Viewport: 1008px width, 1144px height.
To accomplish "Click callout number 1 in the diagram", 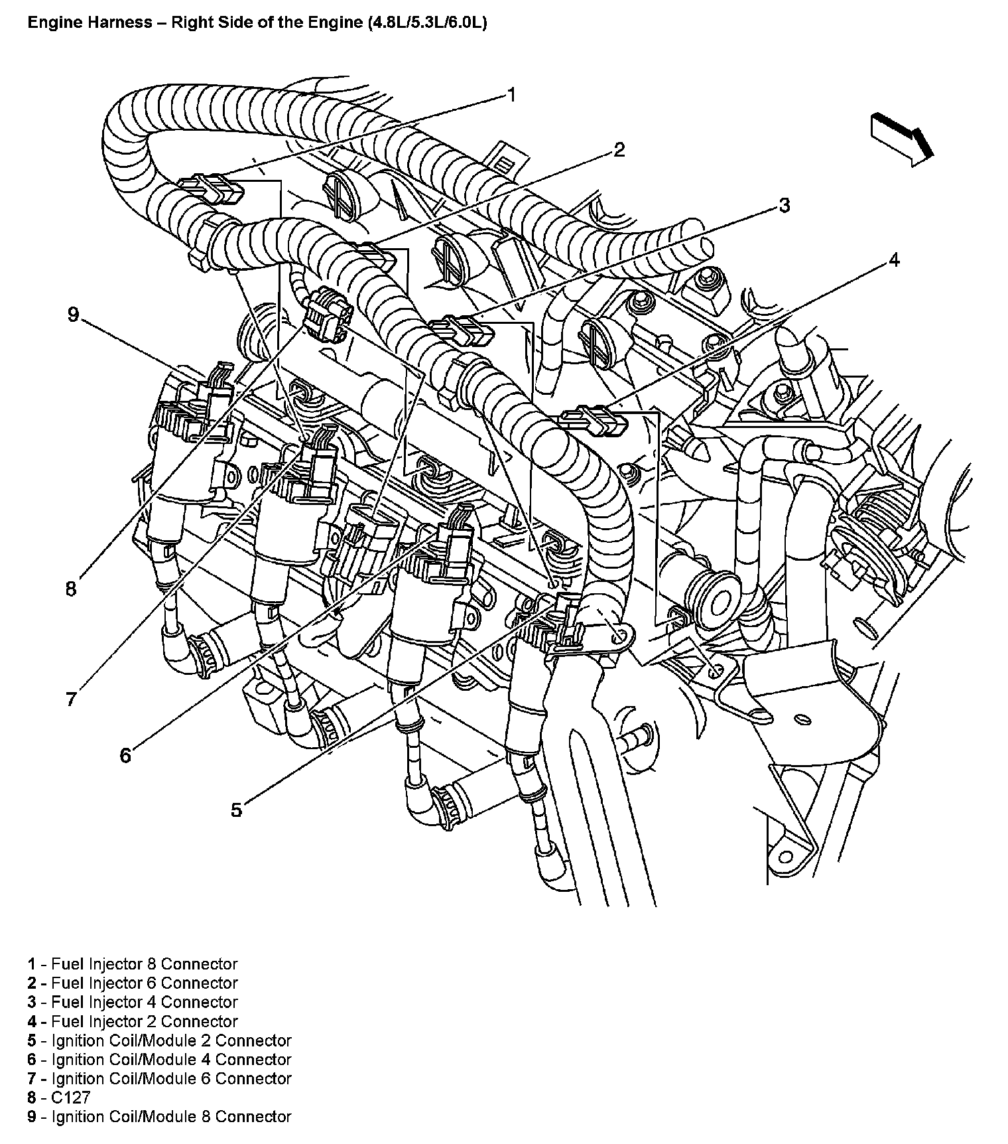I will pyautogui.click(x=511, y=96).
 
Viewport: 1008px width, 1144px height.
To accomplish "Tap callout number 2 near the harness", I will pyautogui.click(x=618, y=150).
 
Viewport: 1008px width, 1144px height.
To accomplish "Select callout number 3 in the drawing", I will pyautogui.click(x=784, y=206).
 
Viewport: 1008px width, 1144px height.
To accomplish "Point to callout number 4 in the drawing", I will pyautogui.click(x=894, y=260).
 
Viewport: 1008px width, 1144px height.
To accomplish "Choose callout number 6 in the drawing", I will pyautogui.click(x=126, y=755).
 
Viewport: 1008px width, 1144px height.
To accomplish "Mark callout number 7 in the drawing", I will pyautogui.click(x=72, y=699).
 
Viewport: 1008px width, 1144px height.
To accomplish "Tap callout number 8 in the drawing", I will pyautogui.click(x=72, y=588).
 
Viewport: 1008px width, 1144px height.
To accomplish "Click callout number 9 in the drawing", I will pyautogui.click(x=73, y=315).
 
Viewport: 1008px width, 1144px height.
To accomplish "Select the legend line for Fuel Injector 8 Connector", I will pyautogui.click(x=133, y=964).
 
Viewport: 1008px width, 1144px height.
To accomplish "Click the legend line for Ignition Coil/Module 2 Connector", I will pyautogui.click(x=159, y=1040).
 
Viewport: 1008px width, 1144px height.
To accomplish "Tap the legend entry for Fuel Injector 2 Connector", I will pyautogui.click(x=133, y=1021).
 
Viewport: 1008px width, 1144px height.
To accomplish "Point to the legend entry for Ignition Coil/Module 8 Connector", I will pyautogui.click(x=159, y=1117).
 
